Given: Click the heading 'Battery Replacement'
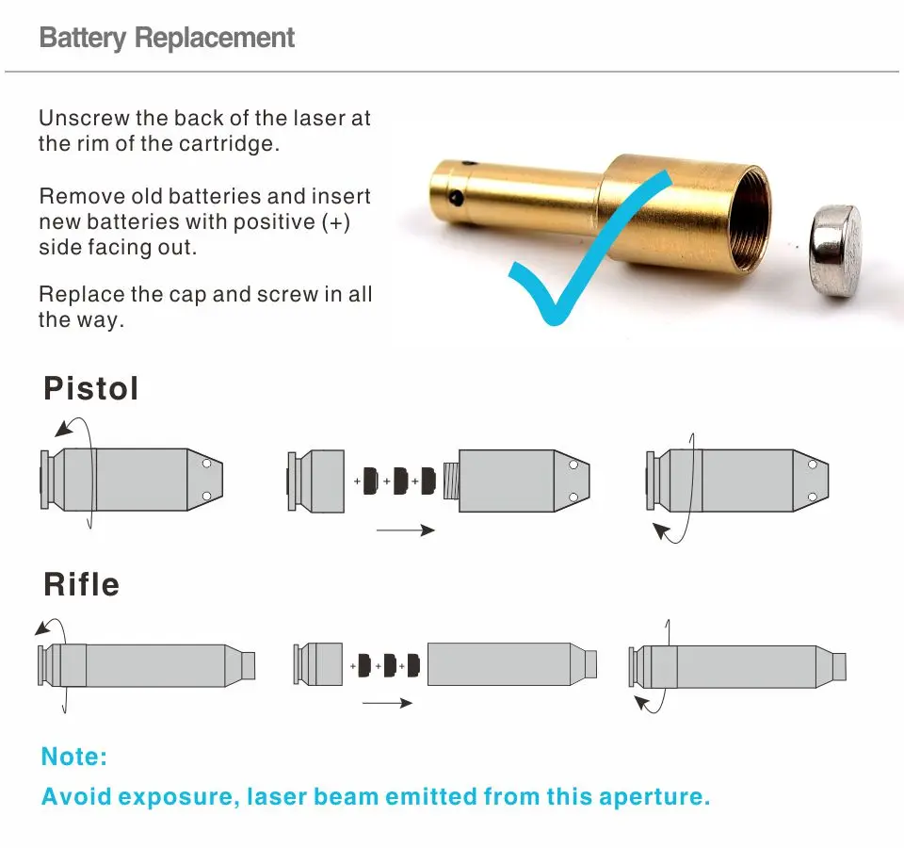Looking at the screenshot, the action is [167, 39].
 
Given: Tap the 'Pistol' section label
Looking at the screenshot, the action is [90, 388].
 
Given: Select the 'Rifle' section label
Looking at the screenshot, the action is [81, 584].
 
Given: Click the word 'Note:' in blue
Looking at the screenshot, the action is [74, 757].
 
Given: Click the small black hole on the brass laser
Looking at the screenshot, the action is [455, 198].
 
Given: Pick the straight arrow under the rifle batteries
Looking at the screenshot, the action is [387, 703].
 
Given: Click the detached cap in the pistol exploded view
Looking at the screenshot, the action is [316, 481].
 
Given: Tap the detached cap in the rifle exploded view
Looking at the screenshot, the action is [318, 663].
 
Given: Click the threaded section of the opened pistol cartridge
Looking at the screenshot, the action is [450, 481].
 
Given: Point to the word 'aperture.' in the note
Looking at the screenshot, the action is [651, 796].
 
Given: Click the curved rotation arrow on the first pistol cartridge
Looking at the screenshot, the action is [71, 429].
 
